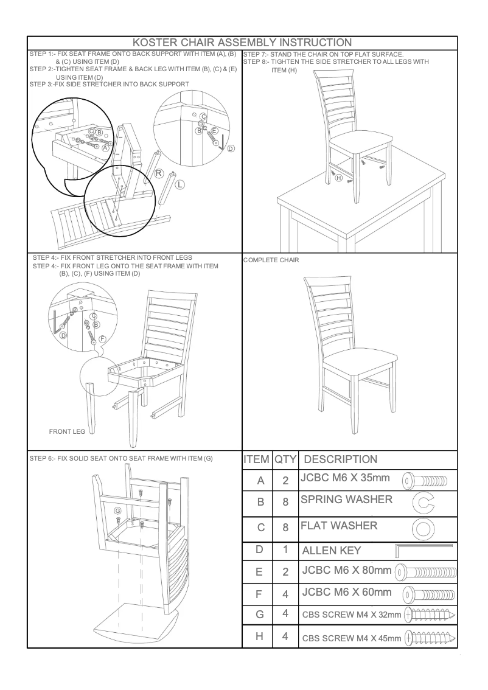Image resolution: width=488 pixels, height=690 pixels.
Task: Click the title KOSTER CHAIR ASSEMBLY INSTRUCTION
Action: pos(242,43)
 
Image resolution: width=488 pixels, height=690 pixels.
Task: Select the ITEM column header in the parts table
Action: pos(257,459)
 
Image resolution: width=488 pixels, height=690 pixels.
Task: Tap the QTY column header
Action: pos(285,459)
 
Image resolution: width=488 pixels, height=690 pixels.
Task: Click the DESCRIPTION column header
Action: pos(340,459)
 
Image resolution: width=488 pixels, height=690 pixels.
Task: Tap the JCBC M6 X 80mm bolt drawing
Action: pos(426,573)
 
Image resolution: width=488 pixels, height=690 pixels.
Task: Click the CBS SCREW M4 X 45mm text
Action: pos(352,638)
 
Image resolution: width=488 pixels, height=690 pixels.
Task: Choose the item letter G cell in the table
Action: pos(259,615)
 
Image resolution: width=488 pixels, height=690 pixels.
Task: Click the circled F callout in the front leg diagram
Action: pos(102,338)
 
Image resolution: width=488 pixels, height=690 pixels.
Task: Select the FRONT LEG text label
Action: pos(67,431)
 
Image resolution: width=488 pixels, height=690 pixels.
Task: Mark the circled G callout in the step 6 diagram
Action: pos(117,511)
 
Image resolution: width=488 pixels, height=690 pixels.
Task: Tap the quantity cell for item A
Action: pos(285,481)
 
